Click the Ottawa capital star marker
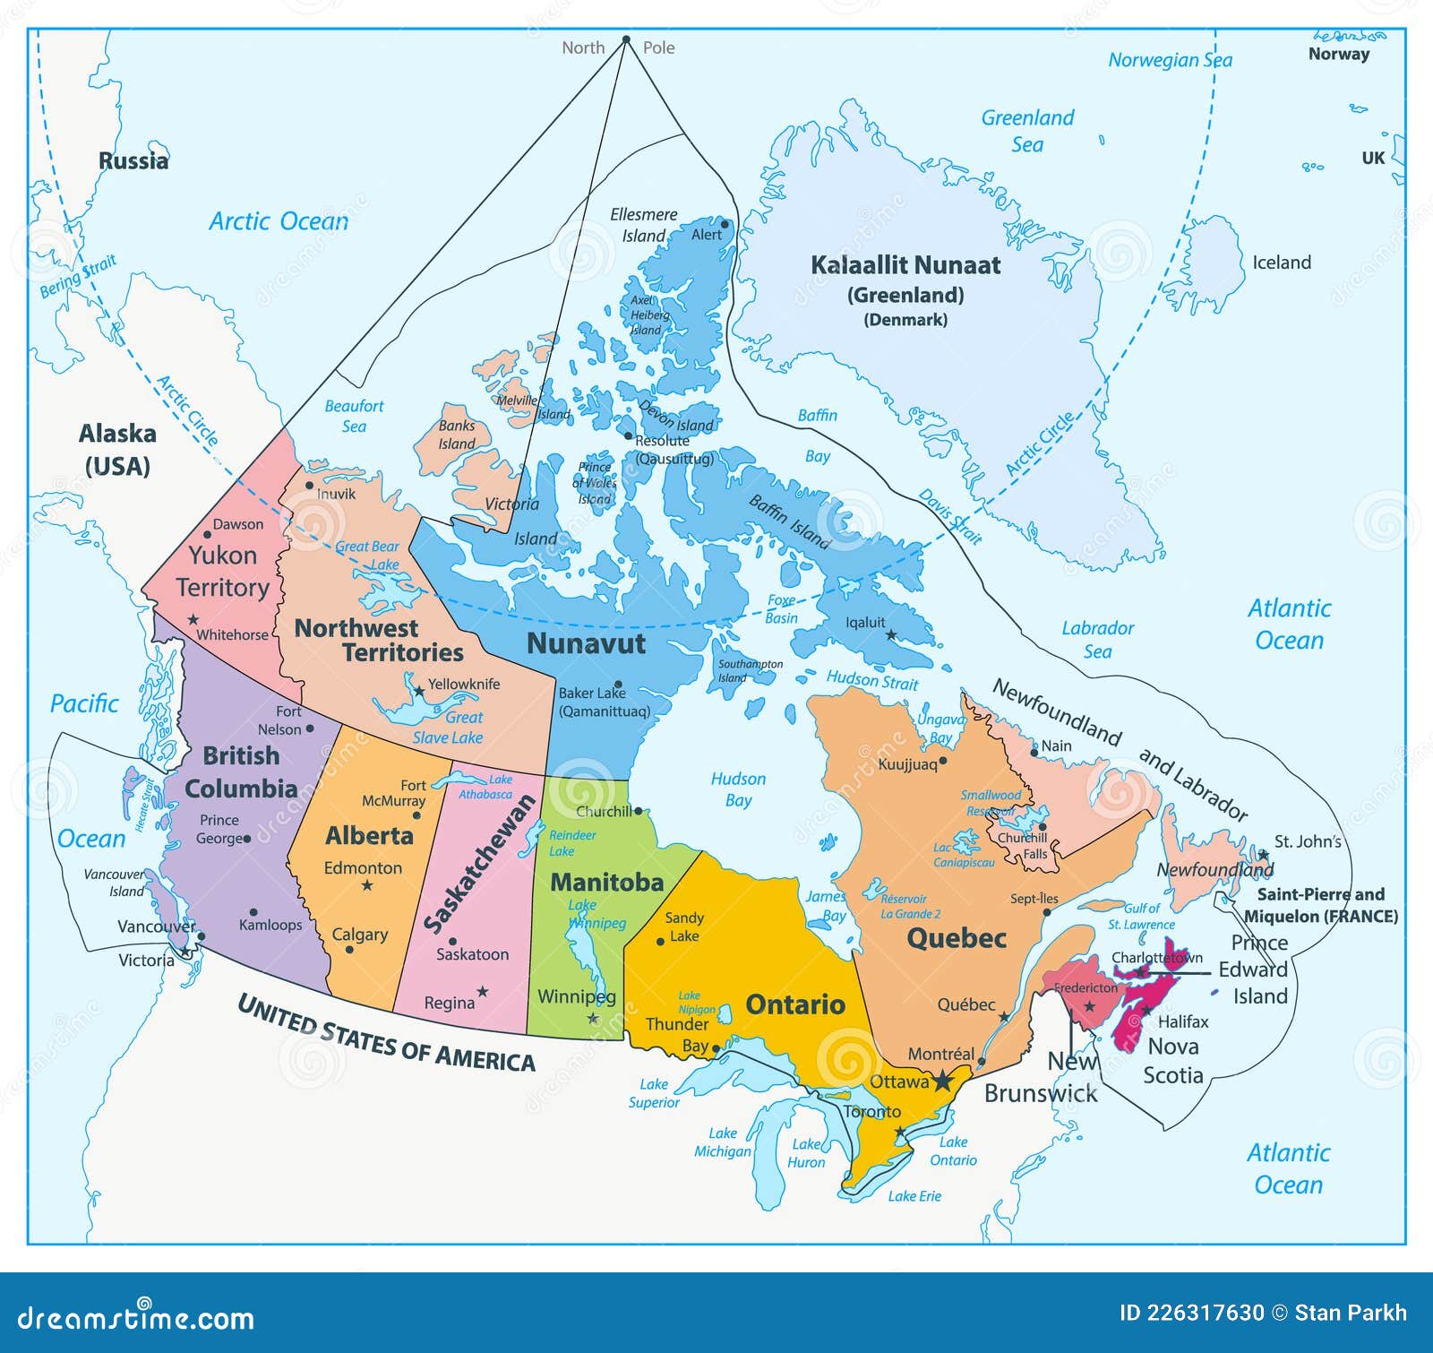(942, 1082)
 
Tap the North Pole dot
(626, 39)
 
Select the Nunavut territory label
(586, 643)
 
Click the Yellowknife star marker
(418, 692)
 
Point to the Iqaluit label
(865, 622)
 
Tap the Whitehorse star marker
(193, 619)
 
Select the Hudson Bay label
(738, 789)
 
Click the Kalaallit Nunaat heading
(905, 265)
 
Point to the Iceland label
(1281, 263)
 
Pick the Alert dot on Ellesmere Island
(725, 224)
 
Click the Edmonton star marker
(366, 885)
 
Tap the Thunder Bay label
(677, 1034)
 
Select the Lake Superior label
(654, 1093)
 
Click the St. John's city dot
(1262, 854)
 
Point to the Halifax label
(1183, 1021)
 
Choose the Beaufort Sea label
(354, 416)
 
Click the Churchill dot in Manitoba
(638, 811)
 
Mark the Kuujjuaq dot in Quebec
(942, 761)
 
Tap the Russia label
(133, 161)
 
